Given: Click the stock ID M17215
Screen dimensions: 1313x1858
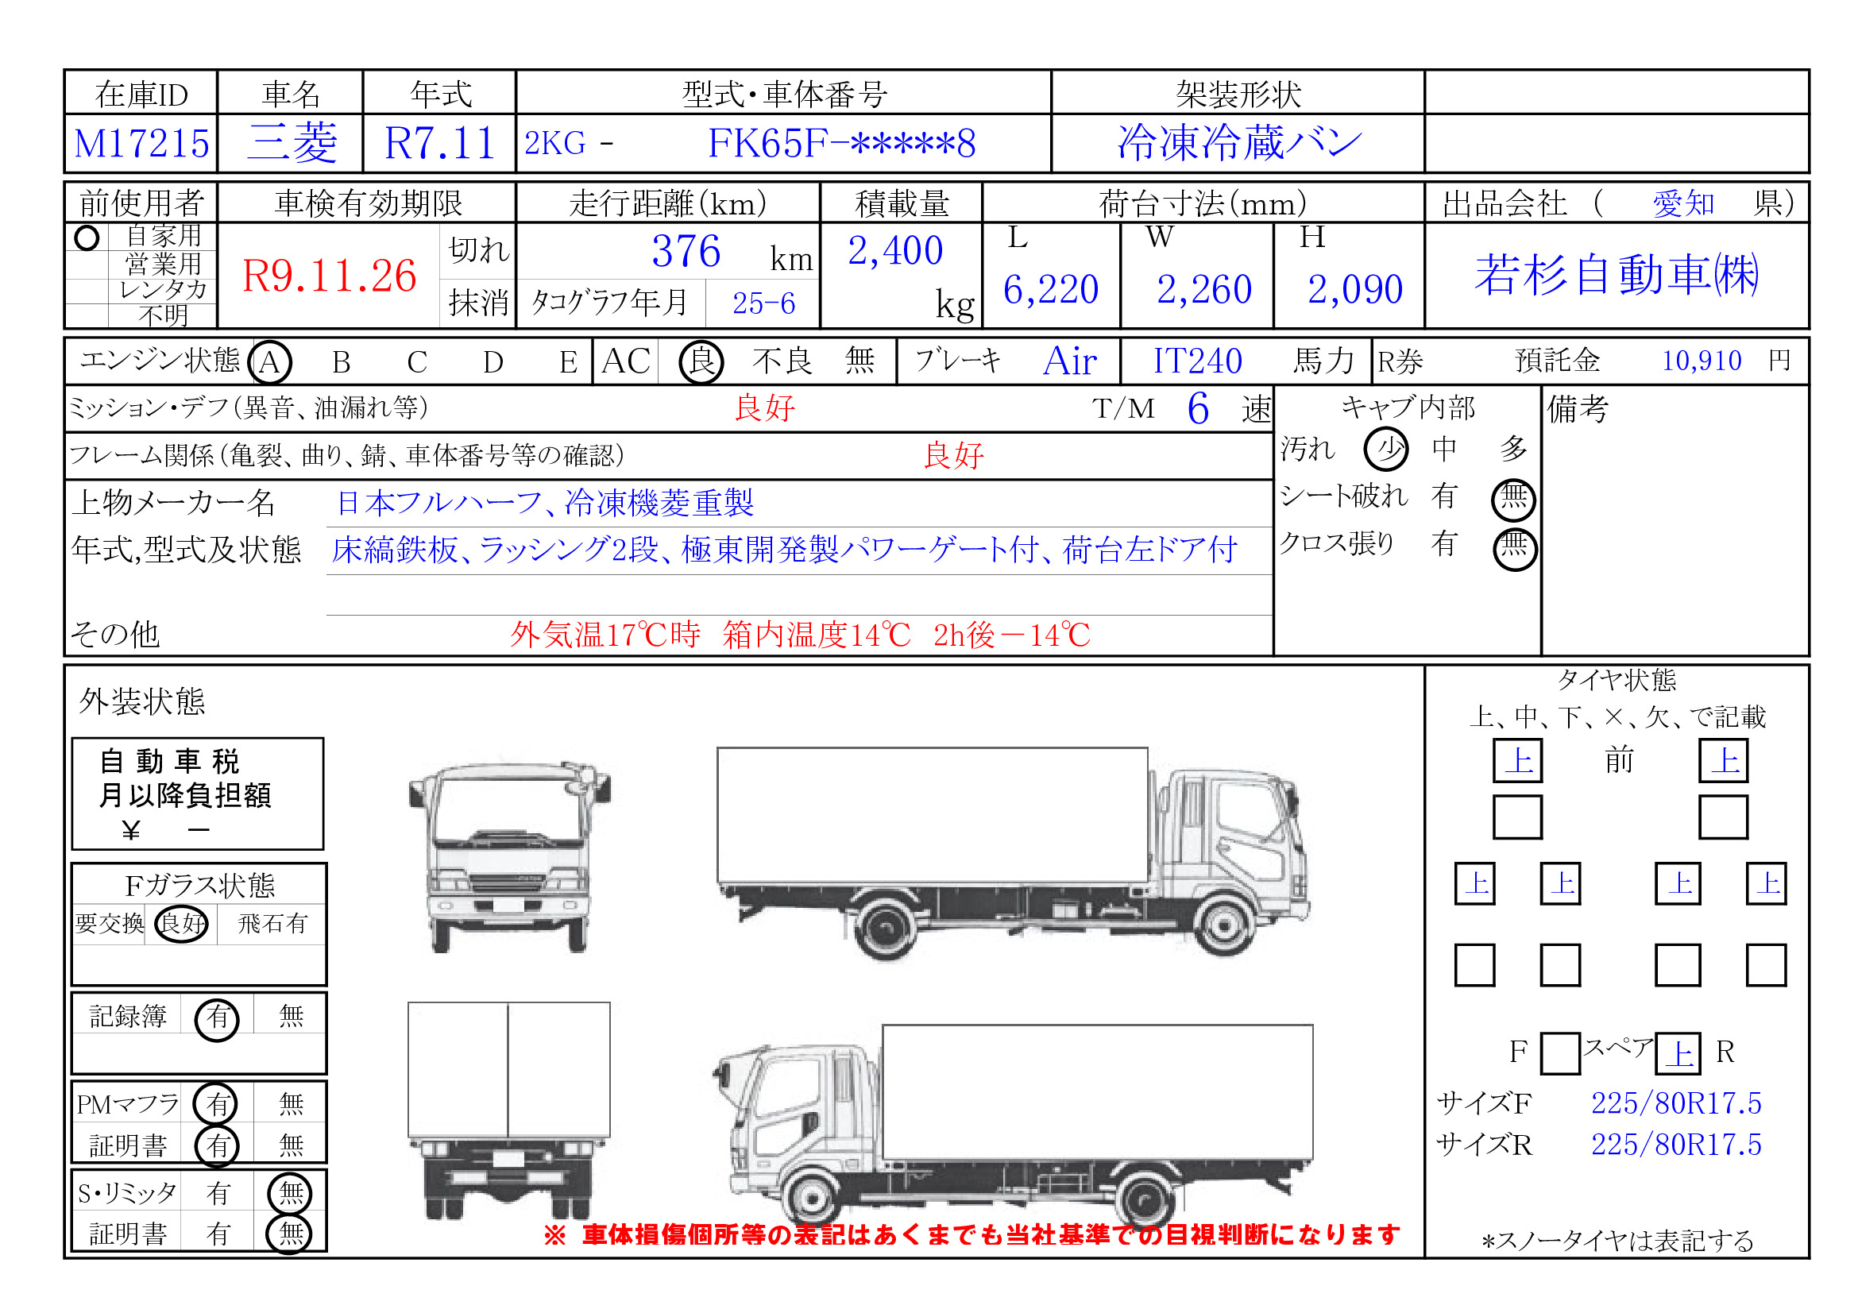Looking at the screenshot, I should pyautogui.click(x=141, y=144).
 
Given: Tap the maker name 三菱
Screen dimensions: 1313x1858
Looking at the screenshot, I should pyautogui.click(x=292, y=143).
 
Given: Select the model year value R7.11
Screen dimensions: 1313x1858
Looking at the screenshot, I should pyautogui.click(x=439, y=143).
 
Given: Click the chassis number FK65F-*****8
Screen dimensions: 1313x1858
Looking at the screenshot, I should pyautogui.click(x=841, y=143).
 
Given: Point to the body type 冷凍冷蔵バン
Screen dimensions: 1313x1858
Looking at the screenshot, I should pyautogui.click(x=1239, y=143).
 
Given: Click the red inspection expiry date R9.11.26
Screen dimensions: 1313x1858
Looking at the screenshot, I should pyautogui.click(x=330, y=276).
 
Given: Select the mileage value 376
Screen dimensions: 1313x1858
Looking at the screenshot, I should pyautogui.click(x=686, y=252).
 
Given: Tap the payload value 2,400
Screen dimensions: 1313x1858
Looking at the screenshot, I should pyautogui.click(x=895, y=251).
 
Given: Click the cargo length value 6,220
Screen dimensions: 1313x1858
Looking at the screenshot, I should pyautogui.click(x=1050, y=290).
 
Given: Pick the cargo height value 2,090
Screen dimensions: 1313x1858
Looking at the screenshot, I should pyautogui.click(x=1354, y=290).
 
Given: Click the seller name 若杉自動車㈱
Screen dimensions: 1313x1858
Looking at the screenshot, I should pyautogui.click(x=1616, y=275).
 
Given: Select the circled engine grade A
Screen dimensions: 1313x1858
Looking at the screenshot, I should pyautogui.click(x=270, y=361).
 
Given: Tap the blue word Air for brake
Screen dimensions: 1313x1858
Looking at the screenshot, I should pyautogui.click(x=1070, y=361).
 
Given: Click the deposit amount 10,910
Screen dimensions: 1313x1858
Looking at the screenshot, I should pyautogui.click(x=1701, y=361).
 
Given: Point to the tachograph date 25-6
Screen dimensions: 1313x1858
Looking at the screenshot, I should pyautogui.click(x=763, y=303).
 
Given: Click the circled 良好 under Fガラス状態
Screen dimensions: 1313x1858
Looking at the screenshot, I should pyautogui.click(x=182, y=923).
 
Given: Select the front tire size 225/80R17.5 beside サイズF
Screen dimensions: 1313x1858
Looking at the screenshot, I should pyautogui.click(x=1676, y=1103).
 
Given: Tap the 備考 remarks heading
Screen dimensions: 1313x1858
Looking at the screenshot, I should pyautogui.click(x=1578, y=409).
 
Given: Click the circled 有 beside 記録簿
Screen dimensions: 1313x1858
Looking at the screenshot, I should pyautogui.click(x=217, y=1017).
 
